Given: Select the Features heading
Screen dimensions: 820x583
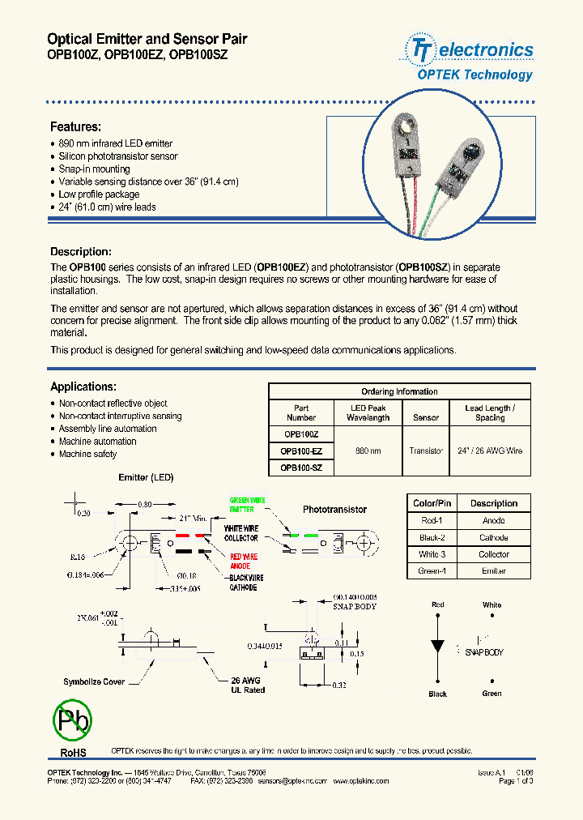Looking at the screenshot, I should point(75,127).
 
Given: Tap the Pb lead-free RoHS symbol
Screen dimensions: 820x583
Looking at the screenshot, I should point(72,719).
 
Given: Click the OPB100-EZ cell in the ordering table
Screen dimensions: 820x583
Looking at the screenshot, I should point(301,451).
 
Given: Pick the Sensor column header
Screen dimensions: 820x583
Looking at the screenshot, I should point(426,418).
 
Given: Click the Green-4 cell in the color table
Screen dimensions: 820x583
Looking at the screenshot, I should point(432,571).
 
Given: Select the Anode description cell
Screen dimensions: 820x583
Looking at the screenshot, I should point(493,520).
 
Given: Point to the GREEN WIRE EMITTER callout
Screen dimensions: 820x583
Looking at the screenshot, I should point(248,505).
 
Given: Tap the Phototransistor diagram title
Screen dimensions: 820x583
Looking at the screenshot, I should point(334,510).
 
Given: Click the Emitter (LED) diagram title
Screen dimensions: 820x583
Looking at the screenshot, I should point(146,478).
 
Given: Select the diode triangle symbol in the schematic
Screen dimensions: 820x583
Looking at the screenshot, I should point(438,646).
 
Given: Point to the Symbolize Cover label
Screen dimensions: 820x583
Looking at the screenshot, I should point(94,681).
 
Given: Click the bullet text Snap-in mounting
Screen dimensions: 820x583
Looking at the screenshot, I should point(94,169).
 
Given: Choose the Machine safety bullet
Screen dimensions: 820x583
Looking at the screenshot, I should point(87,455).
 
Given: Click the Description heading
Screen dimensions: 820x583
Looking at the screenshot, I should point(81,252).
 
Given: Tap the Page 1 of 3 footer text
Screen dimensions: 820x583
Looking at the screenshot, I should point(516,781).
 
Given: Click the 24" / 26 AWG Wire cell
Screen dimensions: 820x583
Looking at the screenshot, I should point(490,451).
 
